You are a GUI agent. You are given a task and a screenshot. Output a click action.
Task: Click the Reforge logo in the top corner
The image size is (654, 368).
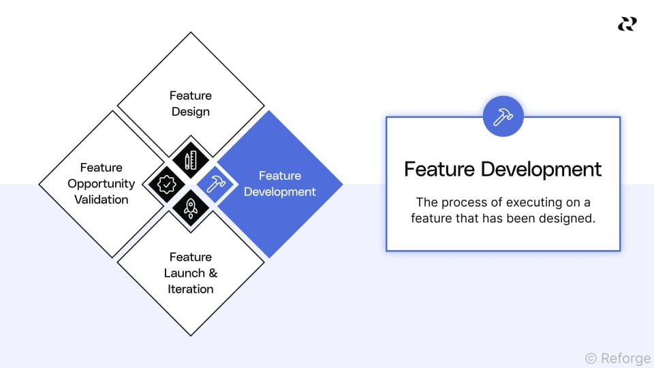[x=627, y=24]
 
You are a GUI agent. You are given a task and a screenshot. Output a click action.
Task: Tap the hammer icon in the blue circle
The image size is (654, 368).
[x=503, y=117]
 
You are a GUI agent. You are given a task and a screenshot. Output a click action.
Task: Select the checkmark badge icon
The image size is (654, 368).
[x=166, y=184]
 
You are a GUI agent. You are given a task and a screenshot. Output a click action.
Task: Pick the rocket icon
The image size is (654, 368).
[x=191, y=208]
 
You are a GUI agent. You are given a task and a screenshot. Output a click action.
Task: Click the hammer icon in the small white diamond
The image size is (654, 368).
[x=215, y=184]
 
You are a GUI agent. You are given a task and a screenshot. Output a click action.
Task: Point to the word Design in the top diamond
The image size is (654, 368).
[x=191, y=112]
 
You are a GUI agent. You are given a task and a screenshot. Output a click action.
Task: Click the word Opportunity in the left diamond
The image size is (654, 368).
[x=101, y=183]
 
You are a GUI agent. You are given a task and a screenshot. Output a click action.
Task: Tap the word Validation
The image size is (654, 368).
[x=101, y=200]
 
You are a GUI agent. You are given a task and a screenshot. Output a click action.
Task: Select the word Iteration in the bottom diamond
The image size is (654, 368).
[x=191, y=289]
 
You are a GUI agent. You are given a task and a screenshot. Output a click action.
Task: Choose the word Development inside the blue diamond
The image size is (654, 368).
[x=280, y=191]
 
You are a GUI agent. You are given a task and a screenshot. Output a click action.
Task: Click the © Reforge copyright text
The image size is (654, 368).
[x=617, y=358]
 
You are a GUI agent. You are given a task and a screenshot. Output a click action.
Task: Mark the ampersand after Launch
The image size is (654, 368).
[x=213, y=273]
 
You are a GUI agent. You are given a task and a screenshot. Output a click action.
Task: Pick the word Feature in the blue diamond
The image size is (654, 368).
[x=280, y=176]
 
